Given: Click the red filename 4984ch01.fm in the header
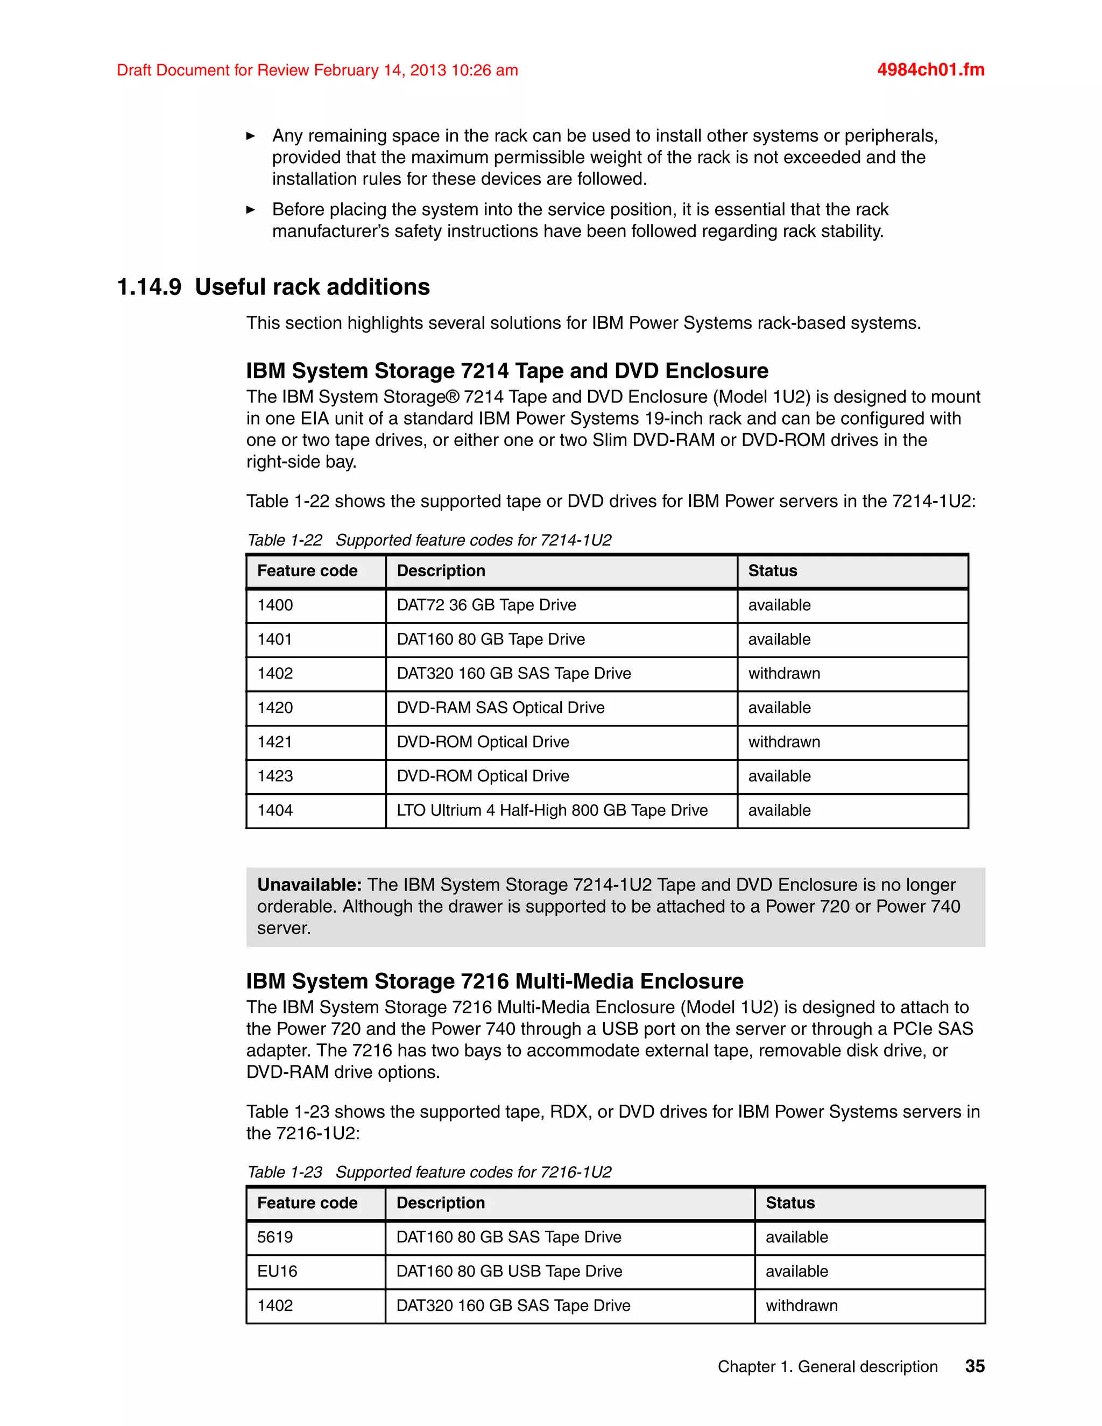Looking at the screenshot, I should (930, 70).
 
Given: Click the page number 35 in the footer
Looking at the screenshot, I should (974, 1366).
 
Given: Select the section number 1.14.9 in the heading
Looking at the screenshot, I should (149, 287).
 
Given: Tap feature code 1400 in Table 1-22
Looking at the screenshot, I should (275, 605).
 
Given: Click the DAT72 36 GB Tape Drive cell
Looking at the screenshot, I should (486, 605).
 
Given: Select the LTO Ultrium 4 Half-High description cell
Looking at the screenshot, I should (552, 810).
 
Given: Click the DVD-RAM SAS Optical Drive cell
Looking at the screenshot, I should (500, 708).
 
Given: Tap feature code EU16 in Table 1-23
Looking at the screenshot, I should (277, 1271).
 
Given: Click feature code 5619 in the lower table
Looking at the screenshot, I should (275, 1237).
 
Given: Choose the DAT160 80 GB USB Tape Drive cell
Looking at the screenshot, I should (509, 1271).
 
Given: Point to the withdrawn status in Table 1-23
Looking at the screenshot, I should (801, 1305).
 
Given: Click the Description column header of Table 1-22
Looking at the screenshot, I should (441, 571).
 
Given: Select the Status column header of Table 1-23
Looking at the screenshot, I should (790, 1203).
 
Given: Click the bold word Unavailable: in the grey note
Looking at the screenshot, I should (309, 885).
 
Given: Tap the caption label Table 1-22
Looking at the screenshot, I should (285, 541).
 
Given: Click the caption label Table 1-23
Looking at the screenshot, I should (285, 1172).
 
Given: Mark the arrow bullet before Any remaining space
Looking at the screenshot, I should (251, 136).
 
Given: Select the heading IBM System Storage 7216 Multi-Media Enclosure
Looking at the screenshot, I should (494, 982).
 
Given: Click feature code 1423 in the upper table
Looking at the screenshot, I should (275, 776).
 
